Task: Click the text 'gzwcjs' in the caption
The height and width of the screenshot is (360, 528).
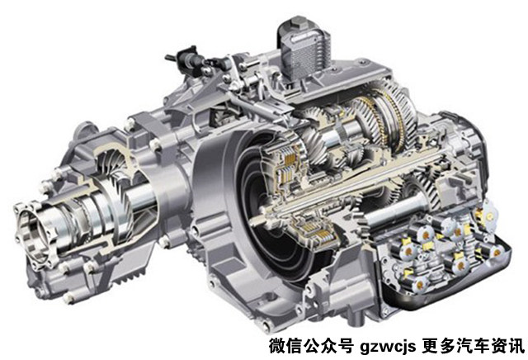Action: tap(388, 347)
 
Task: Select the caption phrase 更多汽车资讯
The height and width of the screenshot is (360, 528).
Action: tap(474, 346)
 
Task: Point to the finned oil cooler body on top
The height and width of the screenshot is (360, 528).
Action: tap(304, 50)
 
